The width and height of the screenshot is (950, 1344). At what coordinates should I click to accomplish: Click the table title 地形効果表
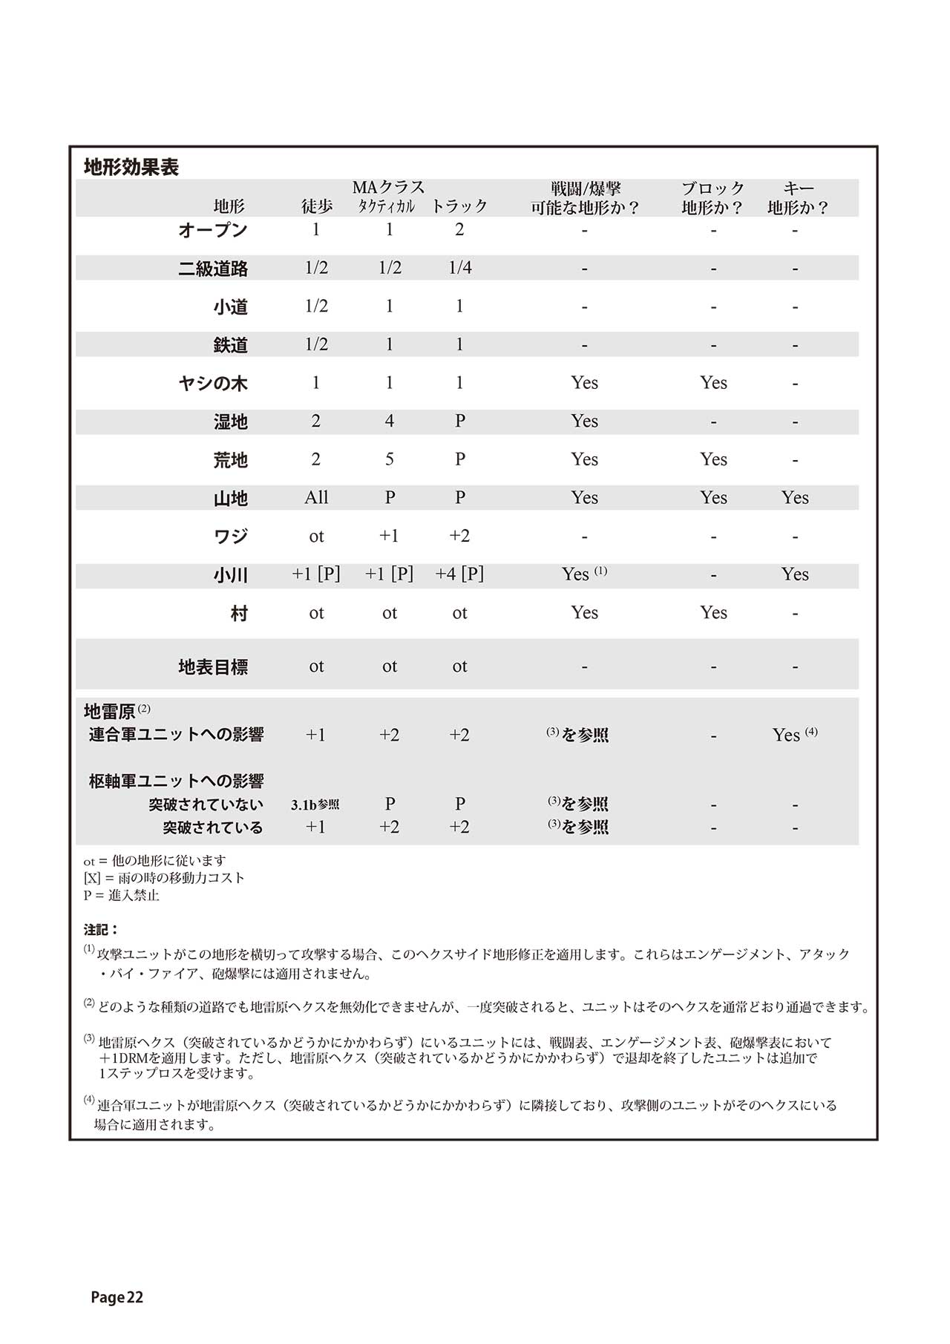[131, 167]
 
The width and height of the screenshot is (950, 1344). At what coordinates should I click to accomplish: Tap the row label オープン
[213, 230]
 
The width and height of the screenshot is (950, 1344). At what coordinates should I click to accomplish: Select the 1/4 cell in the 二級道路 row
[460, 268]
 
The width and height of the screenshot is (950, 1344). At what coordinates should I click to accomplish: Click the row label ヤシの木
[213, 384]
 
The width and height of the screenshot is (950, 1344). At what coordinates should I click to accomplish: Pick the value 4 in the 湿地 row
[390, 422]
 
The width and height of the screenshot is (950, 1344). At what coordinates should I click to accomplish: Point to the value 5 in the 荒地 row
[390, 459]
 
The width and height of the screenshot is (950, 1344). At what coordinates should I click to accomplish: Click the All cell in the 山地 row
[316, 498]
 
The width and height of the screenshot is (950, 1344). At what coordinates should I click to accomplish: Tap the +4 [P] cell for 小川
[459, 574]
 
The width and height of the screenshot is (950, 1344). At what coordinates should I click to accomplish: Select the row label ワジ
[230, 537]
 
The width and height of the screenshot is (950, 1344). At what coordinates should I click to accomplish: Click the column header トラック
[459, 206]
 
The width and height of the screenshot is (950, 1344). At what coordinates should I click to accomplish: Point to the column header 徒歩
[317, 206]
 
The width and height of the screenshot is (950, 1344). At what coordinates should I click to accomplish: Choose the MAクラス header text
[388, 187]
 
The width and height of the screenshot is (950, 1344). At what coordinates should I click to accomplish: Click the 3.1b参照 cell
[315, 804]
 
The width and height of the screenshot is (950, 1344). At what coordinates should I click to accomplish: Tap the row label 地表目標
[213, 666]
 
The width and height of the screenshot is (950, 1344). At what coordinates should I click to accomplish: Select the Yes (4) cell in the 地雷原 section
[794, 735]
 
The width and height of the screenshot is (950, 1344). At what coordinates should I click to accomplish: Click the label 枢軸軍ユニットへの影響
[177, 781]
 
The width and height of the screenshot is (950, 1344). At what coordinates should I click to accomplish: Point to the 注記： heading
[102, 929]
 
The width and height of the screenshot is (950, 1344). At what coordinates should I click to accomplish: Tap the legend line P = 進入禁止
[122, 895]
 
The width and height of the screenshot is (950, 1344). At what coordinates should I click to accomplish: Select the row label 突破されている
[213, 827]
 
